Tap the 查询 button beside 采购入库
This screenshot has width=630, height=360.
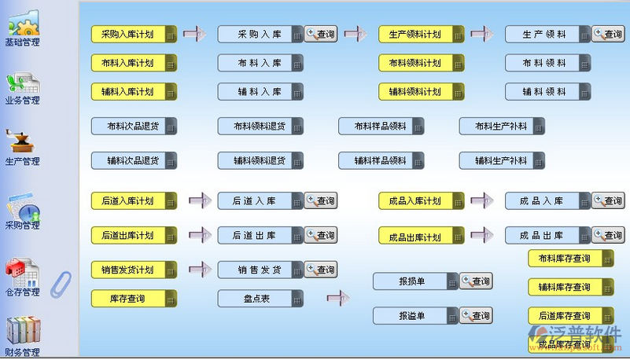[x=321, y=34]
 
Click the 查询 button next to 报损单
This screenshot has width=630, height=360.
[x=476, y=281]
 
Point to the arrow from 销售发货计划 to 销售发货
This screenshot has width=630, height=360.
[x=200, y=269]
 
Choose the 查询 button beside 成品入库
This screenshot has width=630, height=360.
[x=608, y=201]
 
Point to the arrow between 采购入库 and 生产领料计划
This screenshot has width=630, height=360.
[x=356, y=34]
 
